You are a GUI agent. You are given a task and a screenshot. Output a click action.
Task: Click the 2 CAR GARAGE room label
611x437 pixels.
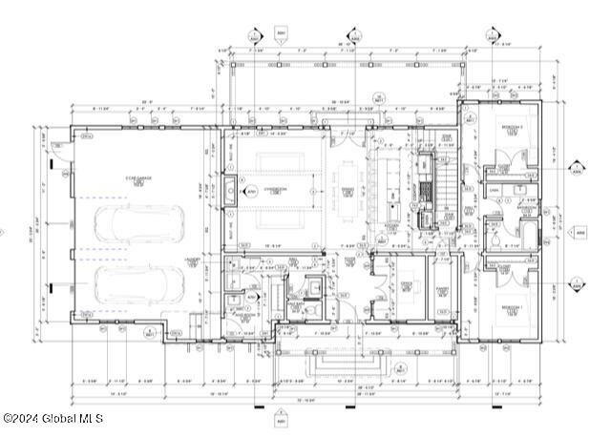pos(137,181)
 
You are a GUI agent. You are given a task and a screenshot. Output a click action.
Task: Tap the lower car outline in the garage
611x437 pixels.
pos(140,283)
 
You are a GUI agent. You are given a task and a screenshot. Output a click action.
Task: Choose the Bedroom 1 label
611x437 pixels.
pos(512,308)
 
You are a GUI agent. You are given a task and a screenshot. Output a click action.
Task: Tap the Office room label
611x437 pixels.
pos(405,284)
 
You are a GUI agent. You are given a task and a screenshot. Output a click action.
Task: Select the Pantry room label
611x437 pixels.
pos(442,291)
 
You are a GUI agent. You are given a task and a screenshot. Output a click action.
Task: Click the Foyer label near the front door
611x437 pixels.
pos(350,260)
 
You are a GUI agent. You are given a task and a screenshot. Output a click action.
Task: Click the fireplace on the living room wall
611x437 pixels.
pos(231,191)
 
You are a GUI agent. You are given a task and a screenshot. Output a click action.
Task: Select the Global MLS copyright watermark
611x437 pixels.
pos(52,418)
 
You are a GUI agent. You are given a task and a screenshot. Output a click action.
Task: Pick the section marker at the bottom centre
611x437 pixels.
pos(281,419)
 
